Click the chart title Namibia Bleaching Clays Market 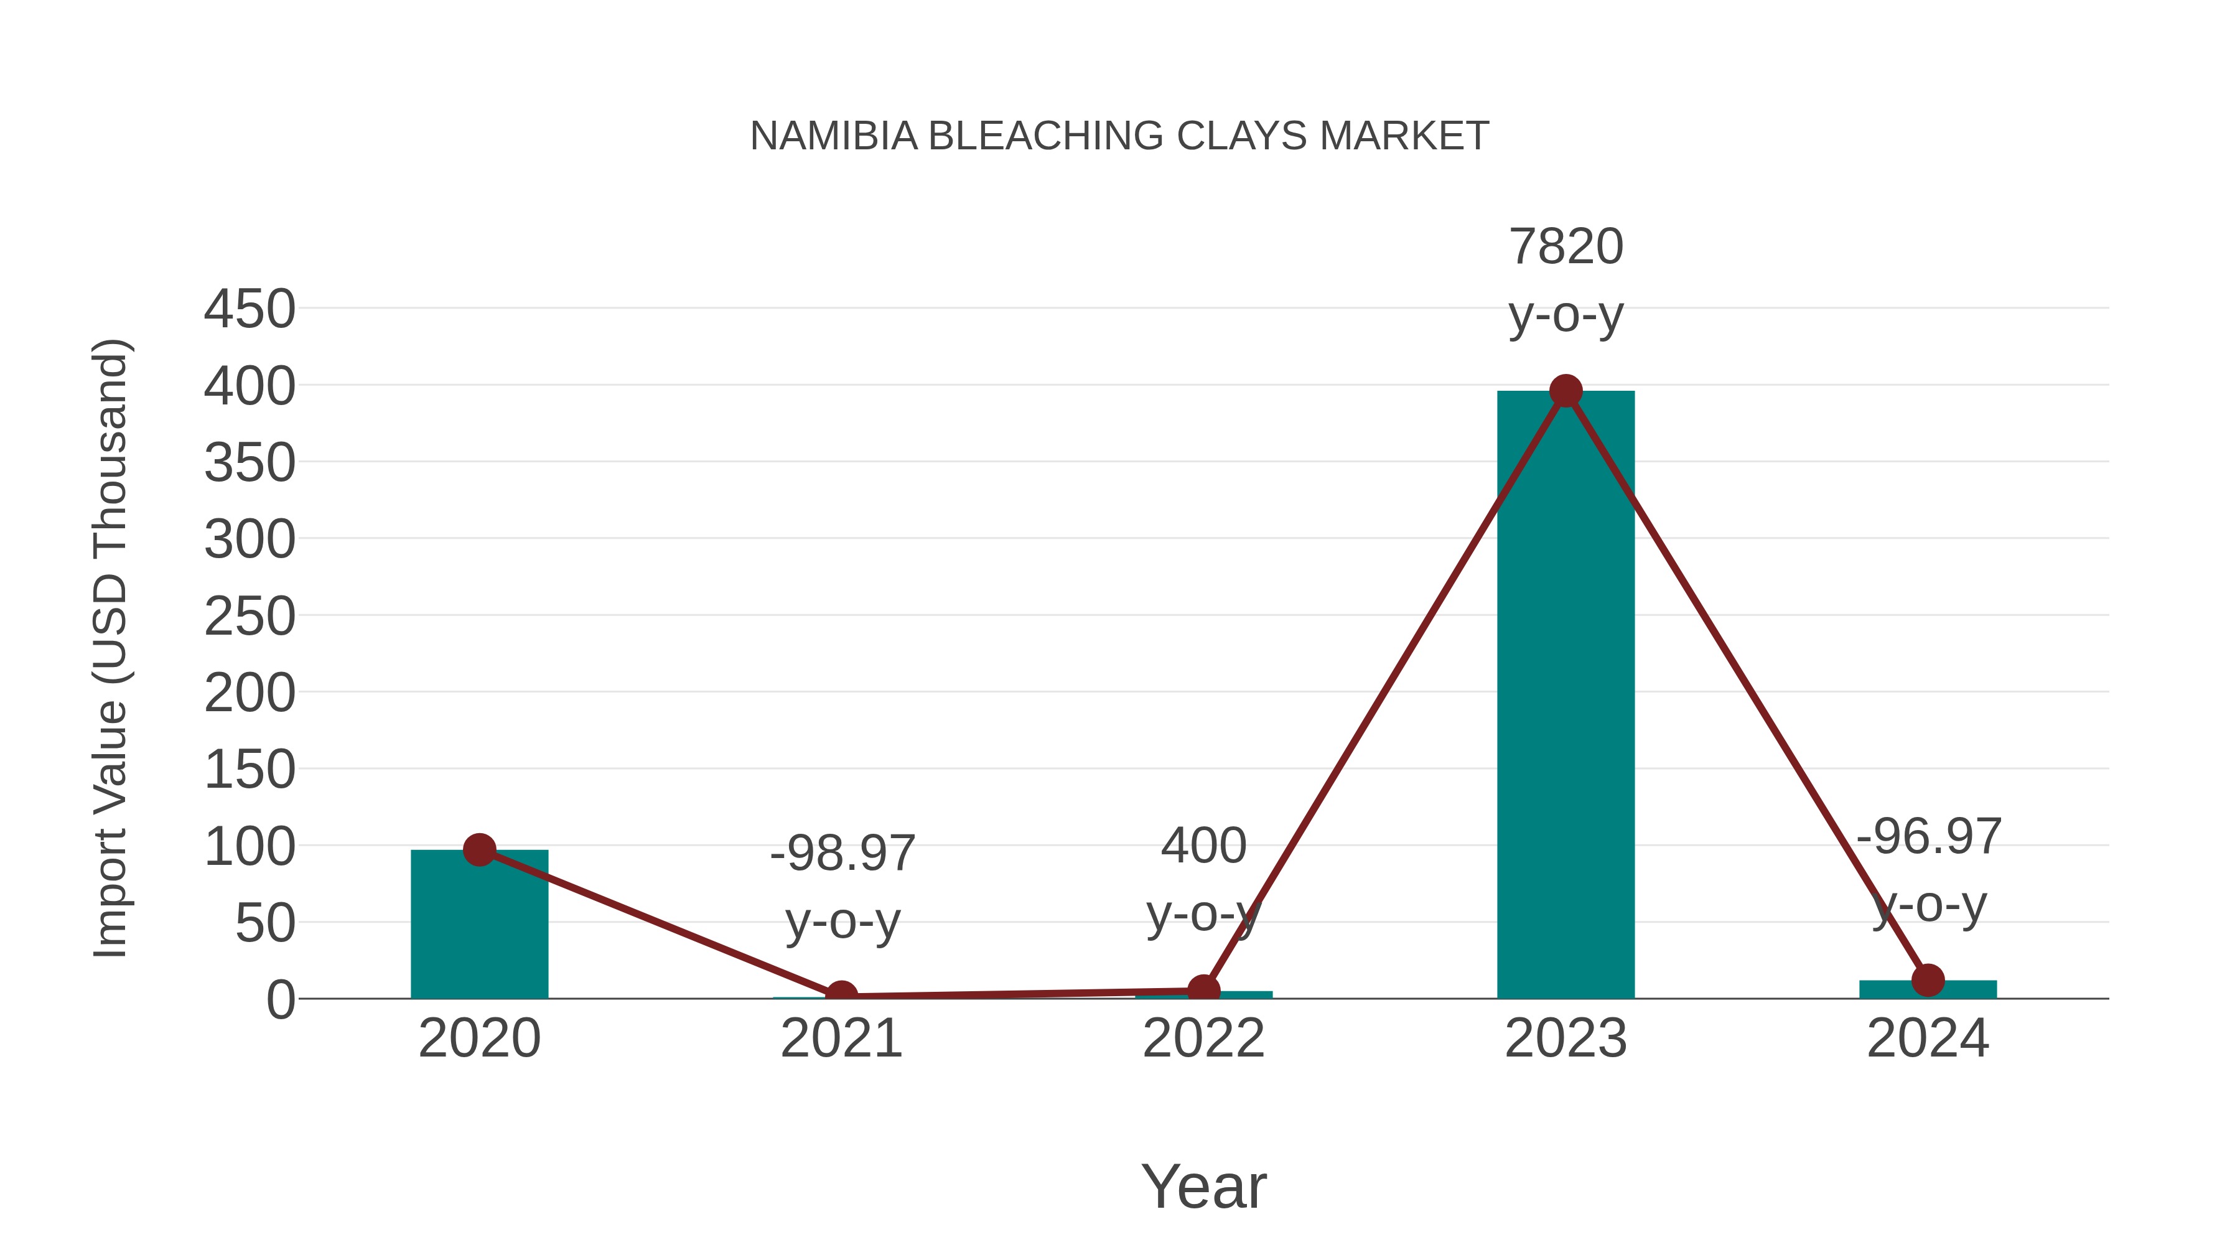click(1119, 136)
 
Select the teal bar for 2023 click(1566, 696)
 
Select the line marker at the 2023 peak click(1566, 391)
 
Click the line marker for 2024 click(1928, 980)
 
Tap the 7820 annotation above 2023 click(1566, 247)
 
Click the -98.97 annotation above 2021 click(842, 853)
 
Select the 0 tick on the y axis click(280, 1000)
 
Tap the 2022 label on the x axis click(1203, 1038)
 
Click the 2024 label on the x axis click(1928, 1038)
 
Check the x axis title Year click(1203, 1186)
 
